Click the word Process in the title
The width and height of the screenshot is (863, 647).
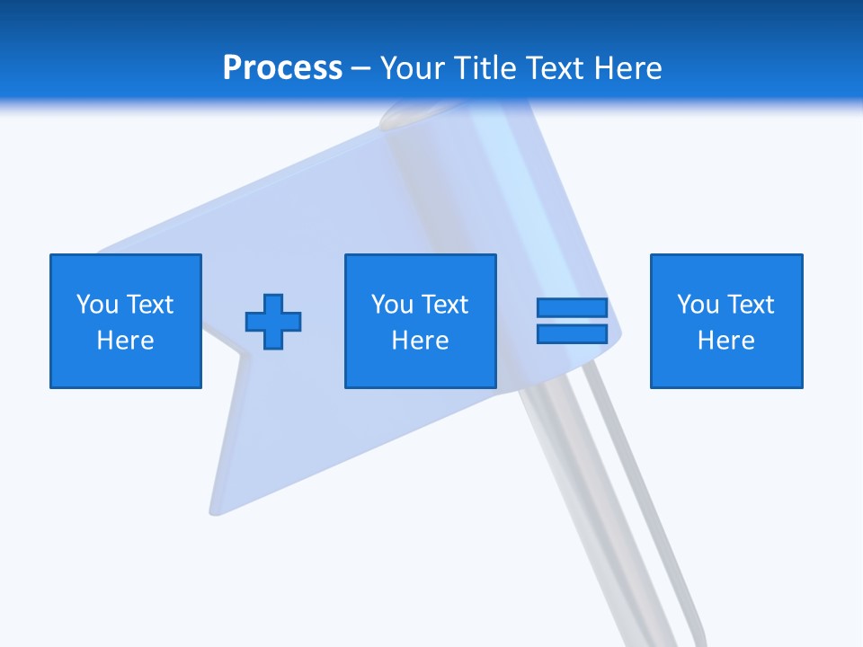click(x=282, y=68)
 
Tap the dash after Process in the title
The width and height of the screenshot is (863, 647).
click(x=360, y=69)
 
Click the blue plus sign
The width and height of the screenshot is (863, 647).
click(x=273, y=322)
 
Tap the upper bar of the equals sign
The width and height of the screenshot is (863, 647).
click(x=572, y=308)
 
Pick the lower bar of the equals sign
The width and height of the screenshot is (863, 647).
click(x=572, y=334)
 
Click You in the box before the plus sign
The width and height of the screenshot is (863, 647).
click(x=96, y=305)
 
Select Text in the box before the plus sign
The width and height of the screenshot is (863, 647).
click(x=148, y=305)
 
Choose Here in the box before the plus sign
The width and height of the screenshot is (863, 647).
click(x=125, y=341)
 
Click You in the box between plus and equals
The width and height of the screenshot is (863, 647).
click(x=391, y=305)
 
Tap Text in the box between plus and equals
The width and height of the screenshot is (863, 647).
click(x=443, y=305)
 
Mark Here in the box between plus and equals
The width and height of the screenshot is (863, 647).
click(x=420, y=341)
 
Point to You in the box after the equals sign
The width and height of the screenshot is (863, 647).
click(x=697, y=305)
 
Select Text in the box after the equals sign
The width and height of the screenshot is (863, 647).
click(x=749, y=305)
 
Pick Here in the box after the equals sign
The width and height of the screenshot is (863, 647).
click(x=725, y=341)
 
